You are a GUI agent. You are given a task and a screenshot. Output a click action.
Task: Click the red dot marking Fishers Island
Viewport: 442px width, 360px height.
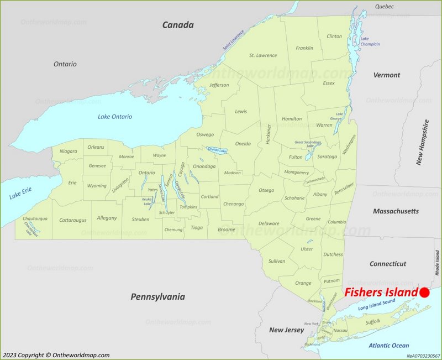point(424,293)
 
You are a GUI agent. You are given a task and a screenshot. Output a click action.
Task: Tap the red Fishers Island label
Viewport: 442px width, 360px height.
point(380,293)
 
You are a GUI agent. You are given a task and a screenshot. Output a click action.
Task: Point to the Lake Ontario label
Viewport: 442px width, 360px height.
point(115,117)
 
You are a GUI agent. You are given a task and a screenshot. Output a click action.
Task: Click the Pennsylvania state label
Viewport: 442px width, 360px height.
point(157,297)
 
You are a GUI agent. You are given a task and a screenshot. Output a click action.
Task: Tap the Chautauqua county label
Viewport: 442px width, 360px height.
point(35,219)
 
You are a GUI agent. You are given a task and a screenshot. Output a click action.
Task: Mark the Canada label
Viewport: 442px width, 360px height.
point(178,25)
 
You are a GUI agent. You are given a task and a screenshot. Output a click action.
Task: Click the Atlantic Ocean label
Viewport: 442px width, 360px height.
point(389,346)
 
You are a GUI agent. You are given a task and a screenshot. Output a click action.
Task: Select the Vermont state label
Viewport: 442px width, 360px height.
point(386,75)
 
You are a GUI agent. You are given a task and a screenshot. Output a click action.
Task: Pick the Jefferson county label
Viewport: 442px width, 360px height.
point(219,85)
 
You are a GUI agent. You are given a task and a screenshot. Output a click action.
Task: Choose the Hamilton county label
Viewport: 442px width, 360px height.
point(292,118)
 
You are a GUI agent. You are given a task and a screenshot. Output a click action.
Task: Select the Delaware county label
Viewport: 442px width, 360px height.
point(269,223)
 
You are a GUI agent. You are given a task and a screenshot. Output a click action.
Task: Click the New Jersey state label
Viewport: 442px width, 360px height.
point(286,330)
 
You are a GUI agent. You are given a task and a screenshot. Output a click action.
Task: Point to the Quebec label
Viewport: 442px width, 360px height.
point(384,7)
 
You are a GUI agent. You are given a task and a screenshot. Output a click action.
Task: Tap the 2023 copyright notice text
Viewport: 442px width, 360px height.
point(56,355)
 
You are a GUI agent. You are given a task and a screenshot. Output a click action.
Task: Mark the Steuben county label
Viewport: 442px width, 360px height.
point(140,220)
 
